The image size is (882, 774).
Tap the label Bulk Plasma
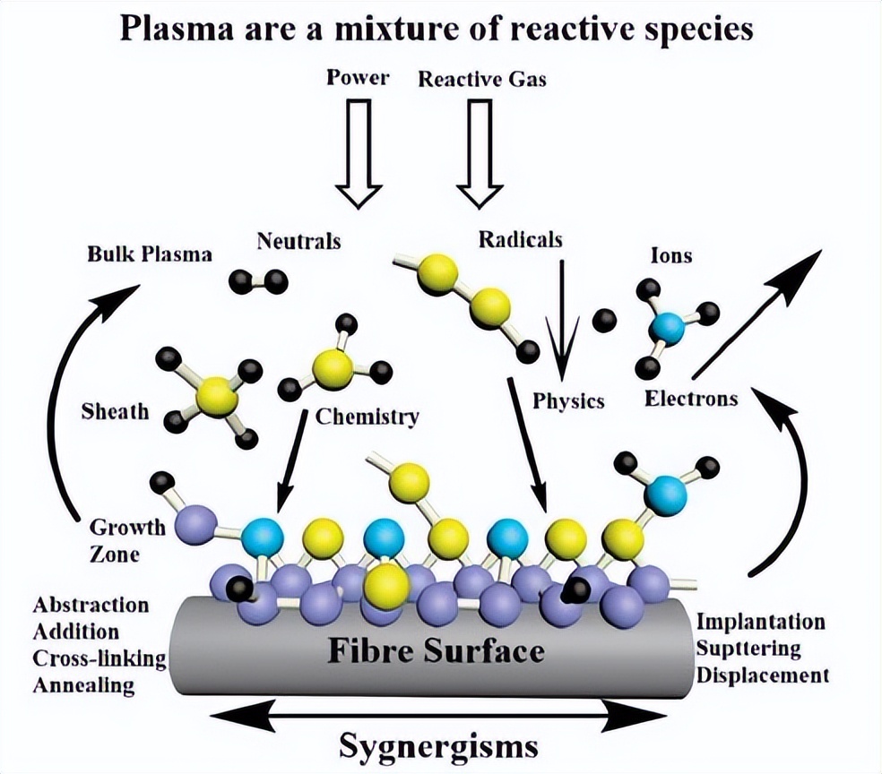[150, 254]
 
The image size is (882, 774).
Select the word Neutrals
[298, 240]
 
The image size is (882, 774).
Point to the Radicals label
[520, 239]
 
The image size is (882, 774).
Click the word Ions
[670, 255]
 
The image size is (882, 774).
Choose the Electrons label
[691, 397]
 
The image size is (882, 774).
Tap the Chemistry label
[367, 416]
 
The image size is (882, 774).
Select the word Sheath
[114, 413]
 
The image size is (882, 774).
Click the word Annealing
[83, 685]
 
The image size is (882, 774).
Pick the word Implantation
[760, 621]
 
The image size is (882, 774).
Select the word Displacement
[762, 675]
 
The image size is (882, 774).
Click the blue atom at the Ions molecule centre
[667, 329]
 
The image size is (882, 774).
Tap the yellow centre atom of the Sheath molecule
[216, 395]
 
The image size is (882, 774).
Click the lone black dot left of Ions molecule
[605, 320]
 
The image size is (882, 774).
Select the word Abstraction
[91, 605]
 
